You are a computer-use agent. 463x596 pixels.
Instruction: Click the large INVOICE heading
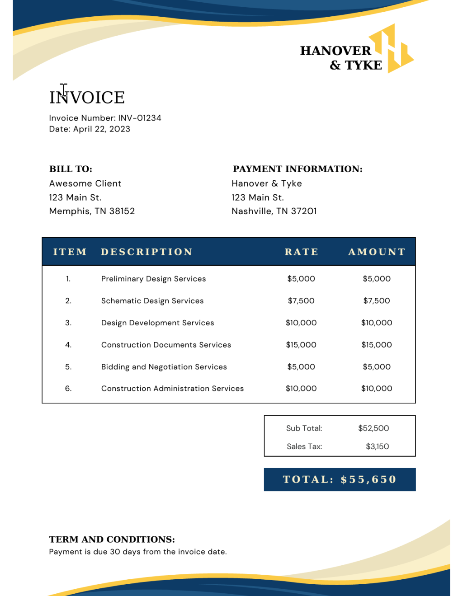[x=87, y=98]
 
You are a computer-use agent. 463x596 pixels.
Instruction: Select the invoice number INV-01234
[x=140, y=118]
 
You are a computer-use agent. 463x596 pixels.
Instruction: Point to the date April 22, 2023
[x=102, y=129]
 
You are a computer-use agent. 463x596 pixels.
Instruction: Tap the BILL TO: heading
[x=71, y=169]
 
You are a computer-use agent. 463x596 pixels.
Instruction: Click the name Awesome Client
[x=85, y=183]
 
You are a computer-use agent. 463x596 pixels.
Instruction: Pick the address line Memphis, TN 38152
[x=92, y=211]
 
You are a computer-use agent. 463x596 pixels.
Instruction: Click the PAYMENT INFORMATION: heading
[x=298, y=169]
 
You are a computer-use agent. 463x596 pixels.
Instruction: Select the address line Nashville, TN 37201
[x=274, y=211]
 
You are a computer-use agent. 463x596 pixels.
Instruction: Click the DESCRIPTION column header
[x=146, y=252]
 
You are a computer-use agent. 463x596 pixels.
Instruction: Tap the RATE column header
[x=301, y=252]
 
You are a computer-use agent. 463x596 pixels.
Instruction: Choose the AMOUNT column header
[x=377, y=252]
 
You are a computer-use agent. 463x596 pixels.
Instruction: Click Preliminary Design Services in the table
[x=153, y=279]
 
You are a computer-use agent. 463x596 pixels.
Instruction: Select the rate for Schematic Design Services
[x=301, y=301]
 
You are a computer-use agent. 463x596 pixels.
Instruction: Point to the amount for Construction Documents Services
[x=377, y=345]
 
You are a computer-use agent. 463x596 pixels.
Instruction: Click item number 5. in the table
[x=68, y=367]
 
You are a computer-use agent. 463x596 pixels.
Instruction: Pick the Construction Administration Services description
[x=172, y=389]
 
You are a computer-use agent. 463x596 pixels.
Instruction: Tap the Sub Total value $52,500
[x=373, y=428]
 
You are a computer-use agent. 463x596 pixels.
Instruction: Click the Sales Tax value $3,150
[x=377, y=446]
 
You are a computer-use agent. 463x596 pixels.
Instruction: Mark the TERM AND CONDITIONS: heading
[x=112, y=540]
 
